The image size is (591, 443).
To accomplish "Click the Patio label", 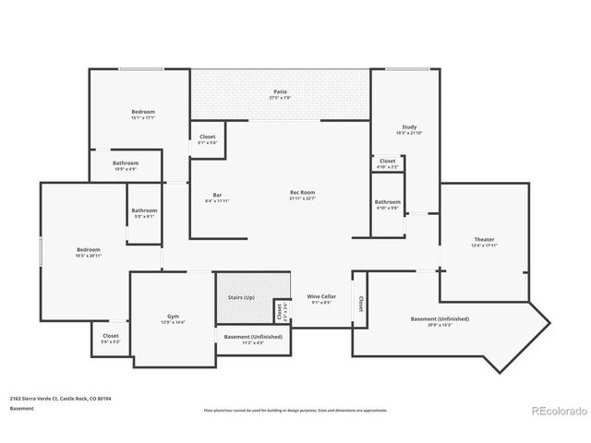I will (280, 92).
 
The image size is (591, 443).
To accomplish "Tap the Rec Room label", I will (302, 193).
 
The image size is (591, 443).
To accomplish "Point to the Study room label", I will (409, 126).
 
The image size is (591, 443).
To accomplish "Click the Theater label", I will (485, 240).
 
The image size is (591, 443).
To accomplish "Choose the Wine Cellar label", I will (321, 296).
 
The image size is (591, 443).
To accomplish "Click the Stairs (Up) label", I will (242, 297).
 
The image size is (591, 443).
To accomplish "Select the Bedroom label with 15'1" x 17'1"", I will (143, 112).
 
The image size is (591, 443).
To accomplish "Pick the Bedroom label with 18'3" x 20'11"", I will (88, 249).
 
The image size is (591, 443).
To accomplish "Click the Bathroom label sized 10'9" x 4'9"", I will (125, 163).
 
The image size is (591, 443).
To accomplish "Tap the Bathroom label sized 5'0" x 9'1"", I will (144, 210).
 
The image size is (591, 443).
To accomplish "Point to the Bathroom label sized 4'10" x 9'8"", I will (387, 202).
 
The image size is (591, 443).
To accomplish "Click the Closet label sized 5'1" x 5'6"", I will (208, 137).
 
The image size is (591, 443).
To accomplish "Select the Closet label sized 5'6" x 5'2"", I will (110, 336).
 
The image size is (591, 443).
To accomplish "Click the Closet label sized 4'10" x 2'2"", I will (388, 161).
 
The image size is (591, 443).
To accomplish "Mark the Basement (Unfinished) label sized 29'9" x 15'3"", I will (440, 319).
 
